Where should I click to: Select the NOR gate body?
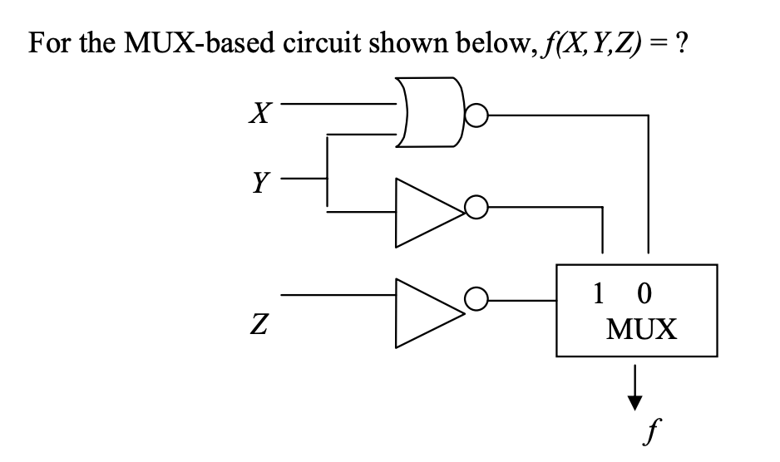pos(429,112)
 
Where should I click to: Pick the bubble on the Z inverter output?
pos(477,297)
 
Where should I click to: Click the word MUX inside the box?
pos(641,330)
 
